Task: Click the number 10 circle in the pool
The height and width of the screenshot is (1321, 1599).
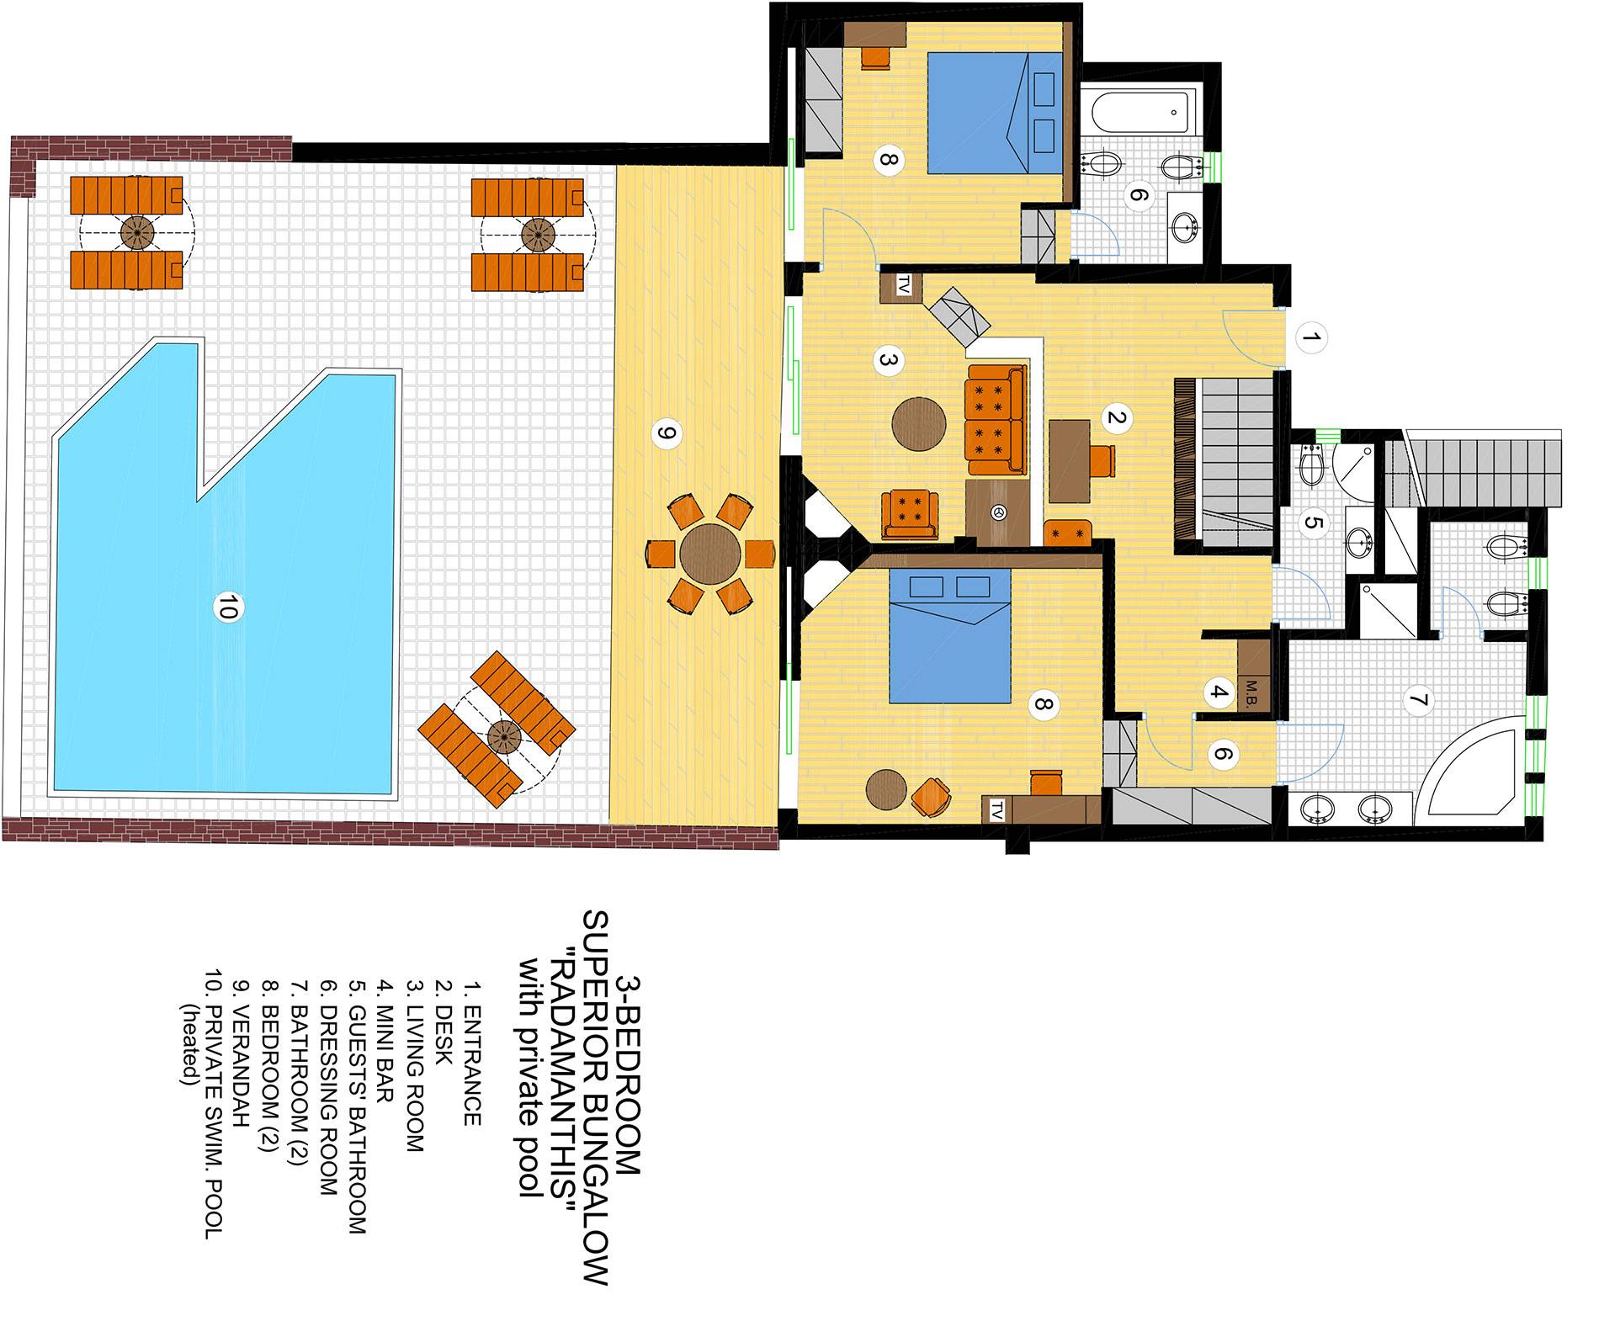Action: [x=226, y=607]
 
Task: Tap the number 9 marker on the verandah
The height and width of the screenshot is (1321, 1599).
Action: [x=666, y=434]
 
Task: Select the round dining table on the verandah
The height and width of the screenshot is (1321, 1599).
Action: [x=710, y=554]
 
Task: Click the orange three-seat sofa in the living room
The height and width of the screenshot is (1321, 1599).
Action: [x=998, y=420]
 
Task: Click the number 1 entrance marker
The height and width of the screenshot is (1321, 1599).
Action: [x=1311, y=340]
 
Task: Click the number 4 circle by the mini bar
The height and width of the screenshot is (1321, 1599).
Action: [x=1217, y=694]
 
